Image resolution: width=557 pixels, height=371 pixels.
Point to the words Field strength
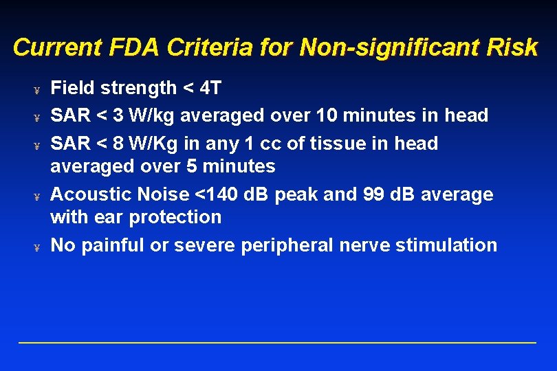(x=114, y=88)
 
